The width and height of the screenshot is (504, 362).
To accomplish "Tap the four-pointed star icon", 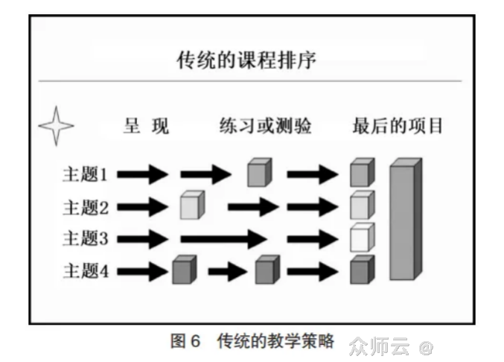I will (x=56, y=126).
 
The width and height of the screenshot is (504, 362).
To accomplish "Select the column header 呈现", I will (x=146, y=126).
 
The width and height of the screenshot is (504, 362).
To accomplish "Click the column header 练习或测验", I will (x=265, y=126).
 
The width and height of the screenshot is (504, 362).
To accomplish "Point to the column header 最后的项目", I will (x=398, y=126).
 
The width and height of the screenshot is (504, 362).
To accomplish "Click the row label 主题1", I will (x=86, y=175).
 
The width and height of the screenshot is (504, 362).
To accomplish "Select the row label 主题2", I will (x=86, y=207).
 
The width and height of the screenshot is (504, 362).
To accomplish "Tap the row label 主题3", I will (x=86, y=239).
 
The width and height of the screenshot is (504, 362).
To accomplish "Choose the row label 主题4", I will (x=86, y=271).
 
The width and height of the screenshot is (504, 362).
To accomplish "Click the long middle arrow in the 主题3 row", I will (x=223, y=239).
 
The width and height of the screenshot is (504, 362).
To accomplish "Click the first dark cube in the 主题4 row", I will (x=183, y=270).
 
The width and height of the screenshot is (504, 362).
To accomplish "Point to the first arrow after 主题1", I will (x=143, y=175).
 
